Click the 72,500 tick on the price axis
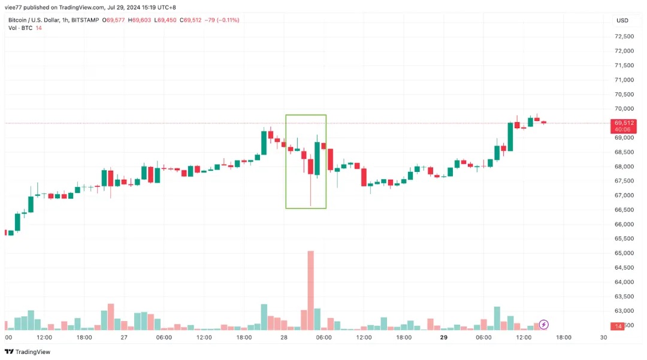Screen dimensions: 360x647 [x=624, y=36]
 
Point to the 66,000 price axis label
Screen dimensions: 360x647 [x=624, y=224]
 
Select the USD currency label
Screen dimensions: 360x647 [x=622, y=20]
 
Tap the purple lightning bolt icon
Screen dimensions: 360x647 [x=543, y=325]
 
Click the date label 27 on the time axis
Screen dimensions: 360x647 [x=124, y=337]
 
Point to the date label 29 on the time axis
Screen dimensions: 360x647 [x=444, y=337]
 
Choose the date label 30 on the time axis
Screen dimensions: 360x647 [x=603, y=337]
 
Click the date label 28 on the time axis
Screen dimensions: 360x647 [x=284, y=337]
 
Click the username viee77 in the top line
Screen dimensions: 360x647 [x=14, y=8]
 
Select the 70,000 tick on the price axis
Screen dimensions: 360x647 [x=624, y=108]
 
